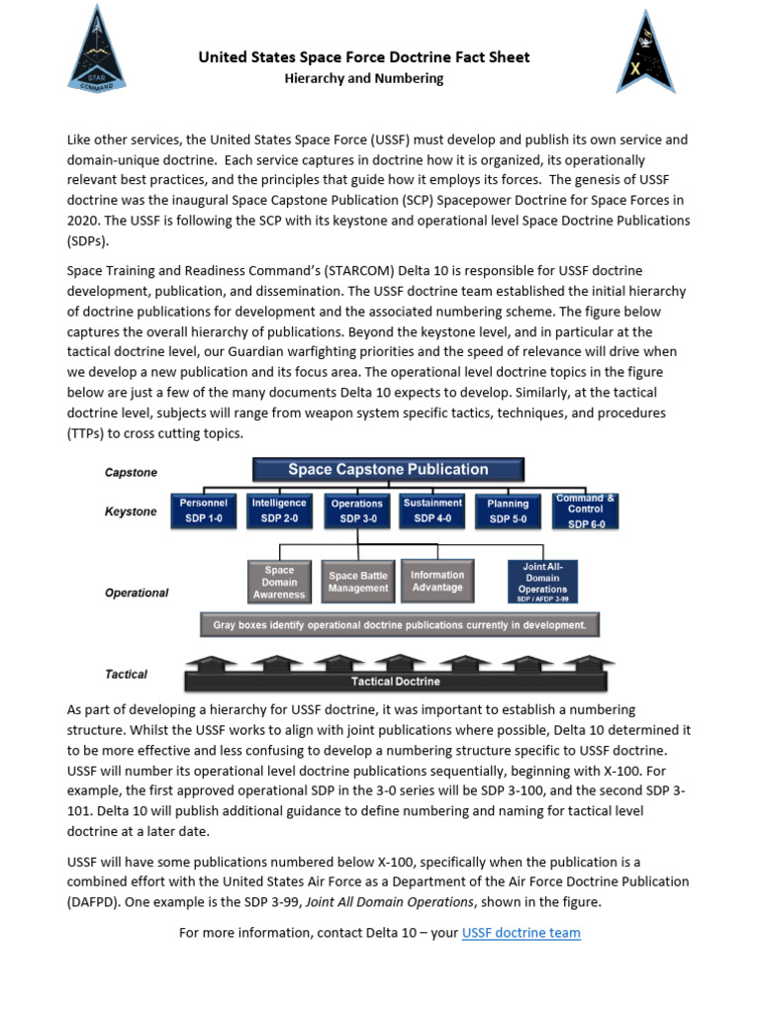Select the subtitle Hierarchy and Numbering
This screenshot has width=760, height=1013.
[363, 78]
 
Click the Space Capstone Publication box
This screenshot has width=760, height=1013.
[388, 470]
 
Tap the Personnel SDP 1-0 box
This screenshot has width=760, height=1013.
[203, 510]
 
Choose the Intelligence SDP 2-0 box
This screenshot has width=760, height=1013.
[279, 510]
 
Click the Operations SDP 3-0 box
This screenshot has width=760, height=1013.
[357, 510]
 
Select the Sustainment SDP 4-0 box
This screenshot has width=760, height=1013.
[433, 510]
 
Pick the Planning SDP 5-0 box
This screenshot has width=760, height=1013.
[508, 510]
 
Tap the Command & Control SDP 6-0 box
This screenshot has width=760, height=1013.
[586, 510]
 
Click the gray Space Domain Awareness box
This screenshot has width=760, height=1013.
[279, 582]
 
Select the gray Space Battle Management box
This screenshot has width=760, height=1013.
[358, 582]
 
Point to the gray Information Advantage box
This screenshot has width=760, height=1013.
[437, 582]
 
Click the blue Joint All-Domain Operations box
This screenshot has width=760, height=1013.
[542, 582]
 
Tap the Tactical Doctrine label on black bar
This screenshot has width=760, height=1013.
[396, 682]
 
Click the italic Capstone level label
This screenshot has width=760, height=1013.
[131, 473]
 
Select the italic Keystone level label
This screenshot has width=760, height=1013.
[131, 511]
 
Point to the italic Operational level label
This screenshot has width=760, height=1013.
[137, 593]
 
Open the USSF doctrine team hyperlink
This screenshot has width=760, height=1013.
[521, 932]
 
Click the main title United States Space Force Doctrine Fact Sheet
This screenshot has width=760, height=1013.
[364, 57]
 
